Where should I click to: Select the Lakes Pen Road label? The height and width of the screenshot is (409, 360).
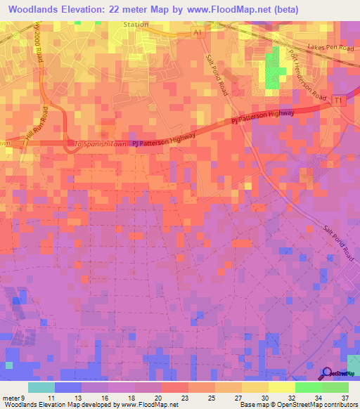point(330,48)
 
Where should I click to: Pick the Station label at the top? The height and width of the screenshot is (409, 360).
point(135,25)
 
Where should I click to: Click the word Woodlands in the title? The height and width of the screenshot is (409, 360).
point(36,10)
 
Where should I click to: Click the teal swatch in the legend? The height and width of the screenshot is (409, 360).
point(41,387)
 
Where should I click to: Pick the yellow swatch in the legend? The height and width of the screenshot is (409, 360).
point(281,387)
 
